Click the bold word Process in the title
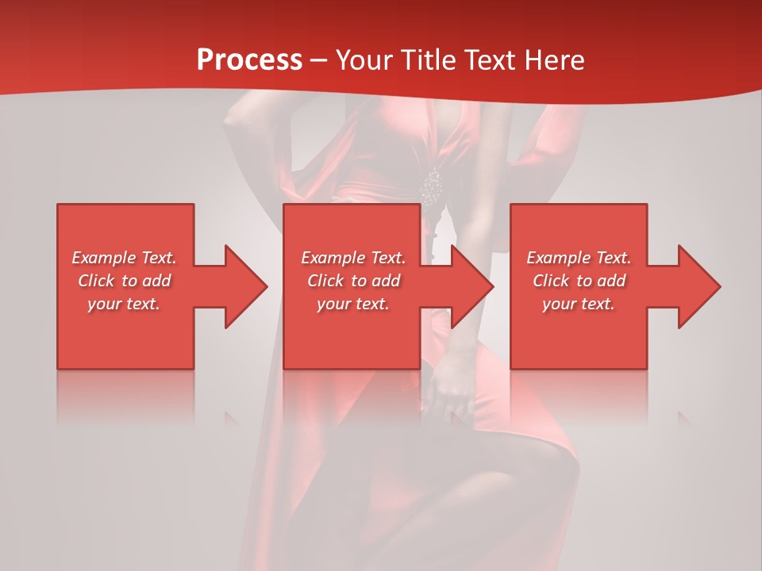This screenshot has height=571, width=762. pyautogui.click(x=249, y=60)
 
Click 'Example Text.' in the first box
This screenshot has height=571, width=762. pyautogui.click(x=124, y=258)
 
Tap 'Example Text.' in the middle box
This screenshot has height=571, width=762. pyautogui.click(x=353, y=258)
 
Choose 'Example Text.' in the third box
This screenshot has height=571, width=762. pyautogui.click(x=579, y=258)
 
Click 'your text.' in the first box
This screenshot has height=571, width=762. pyautogui.click(x=124, y=304)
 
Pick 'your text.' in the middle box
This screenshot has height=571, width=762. pyautogui.click(x=353, y=304)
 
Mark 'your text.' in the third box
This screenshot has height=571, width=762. pyautogui.click(x=579, y=304)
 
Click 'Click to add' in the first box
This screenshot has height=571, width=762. pyautogui.click(x=124, y=281)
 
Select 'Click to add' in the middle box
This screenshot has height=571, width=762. pyautogui.click(x=353, y=281)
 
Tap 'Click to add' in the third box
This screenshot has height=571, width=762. pyautogui.click(x=579, y=281)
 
